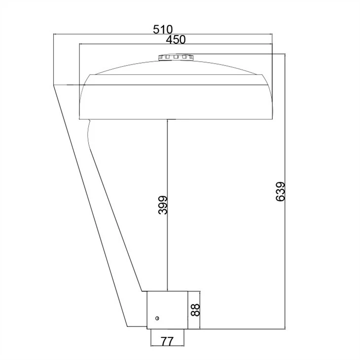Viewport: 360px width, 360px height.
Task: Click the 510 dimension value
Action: (x=163, y=30)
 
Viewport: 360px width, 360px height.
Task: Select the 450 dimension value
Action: (x=176, y=39)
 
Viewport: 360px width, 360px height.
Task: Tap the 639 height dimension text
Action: (x=280, y=192)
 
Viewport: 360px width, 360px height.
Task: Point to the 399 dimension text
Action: (x=163, y=205)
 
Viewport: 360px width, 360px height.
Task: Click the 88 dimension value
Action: (x=195, y=310)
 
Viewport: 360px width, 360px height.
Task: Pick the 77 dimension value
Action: (x=167, y=341)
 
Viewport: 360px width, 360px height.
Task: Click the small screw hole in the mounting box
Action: (x=157, y=318)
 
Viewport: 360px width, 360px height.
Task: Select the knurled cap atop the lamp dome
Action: (x=176, y=57)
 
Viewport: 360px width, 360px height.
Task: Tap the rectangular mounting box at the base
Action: (x=167, y=310)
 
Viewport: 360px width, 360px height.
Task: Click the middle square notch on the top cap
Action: (x=176, y=57)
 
